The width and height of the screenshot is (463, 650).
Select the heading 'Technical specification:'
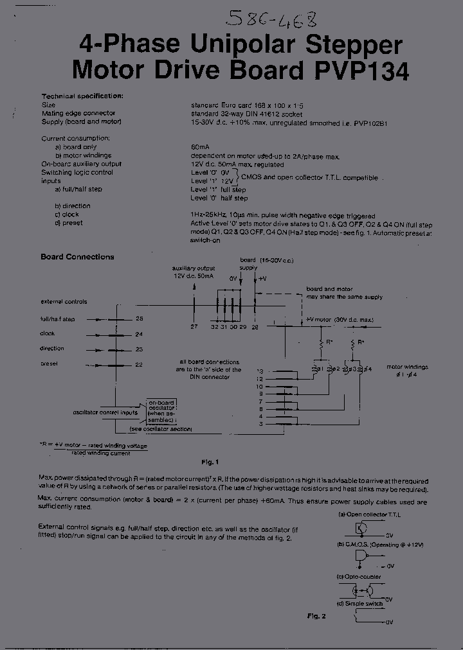[82, 96]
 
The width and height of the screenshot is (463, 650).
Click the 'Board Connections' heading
[77, 257]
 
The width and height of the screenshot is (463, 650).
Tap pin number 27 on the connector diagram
[194, 327]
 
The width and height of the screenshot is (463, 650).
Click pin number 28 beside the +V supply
[255, 327]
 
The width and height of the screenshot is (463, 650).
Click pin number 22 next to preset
[139, 364]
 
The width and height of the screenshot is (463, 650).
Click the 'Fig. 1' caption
[210, 462]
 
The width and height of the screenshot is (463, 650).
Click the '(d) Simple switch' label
[359, 604]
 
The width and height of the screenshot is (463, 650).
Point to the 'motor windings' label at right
[407, 367]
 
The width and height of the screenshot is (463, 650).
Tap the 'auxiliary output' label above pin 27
[193, 268]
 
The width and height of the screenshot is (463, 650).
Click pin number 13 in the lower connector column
[260, 372]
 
